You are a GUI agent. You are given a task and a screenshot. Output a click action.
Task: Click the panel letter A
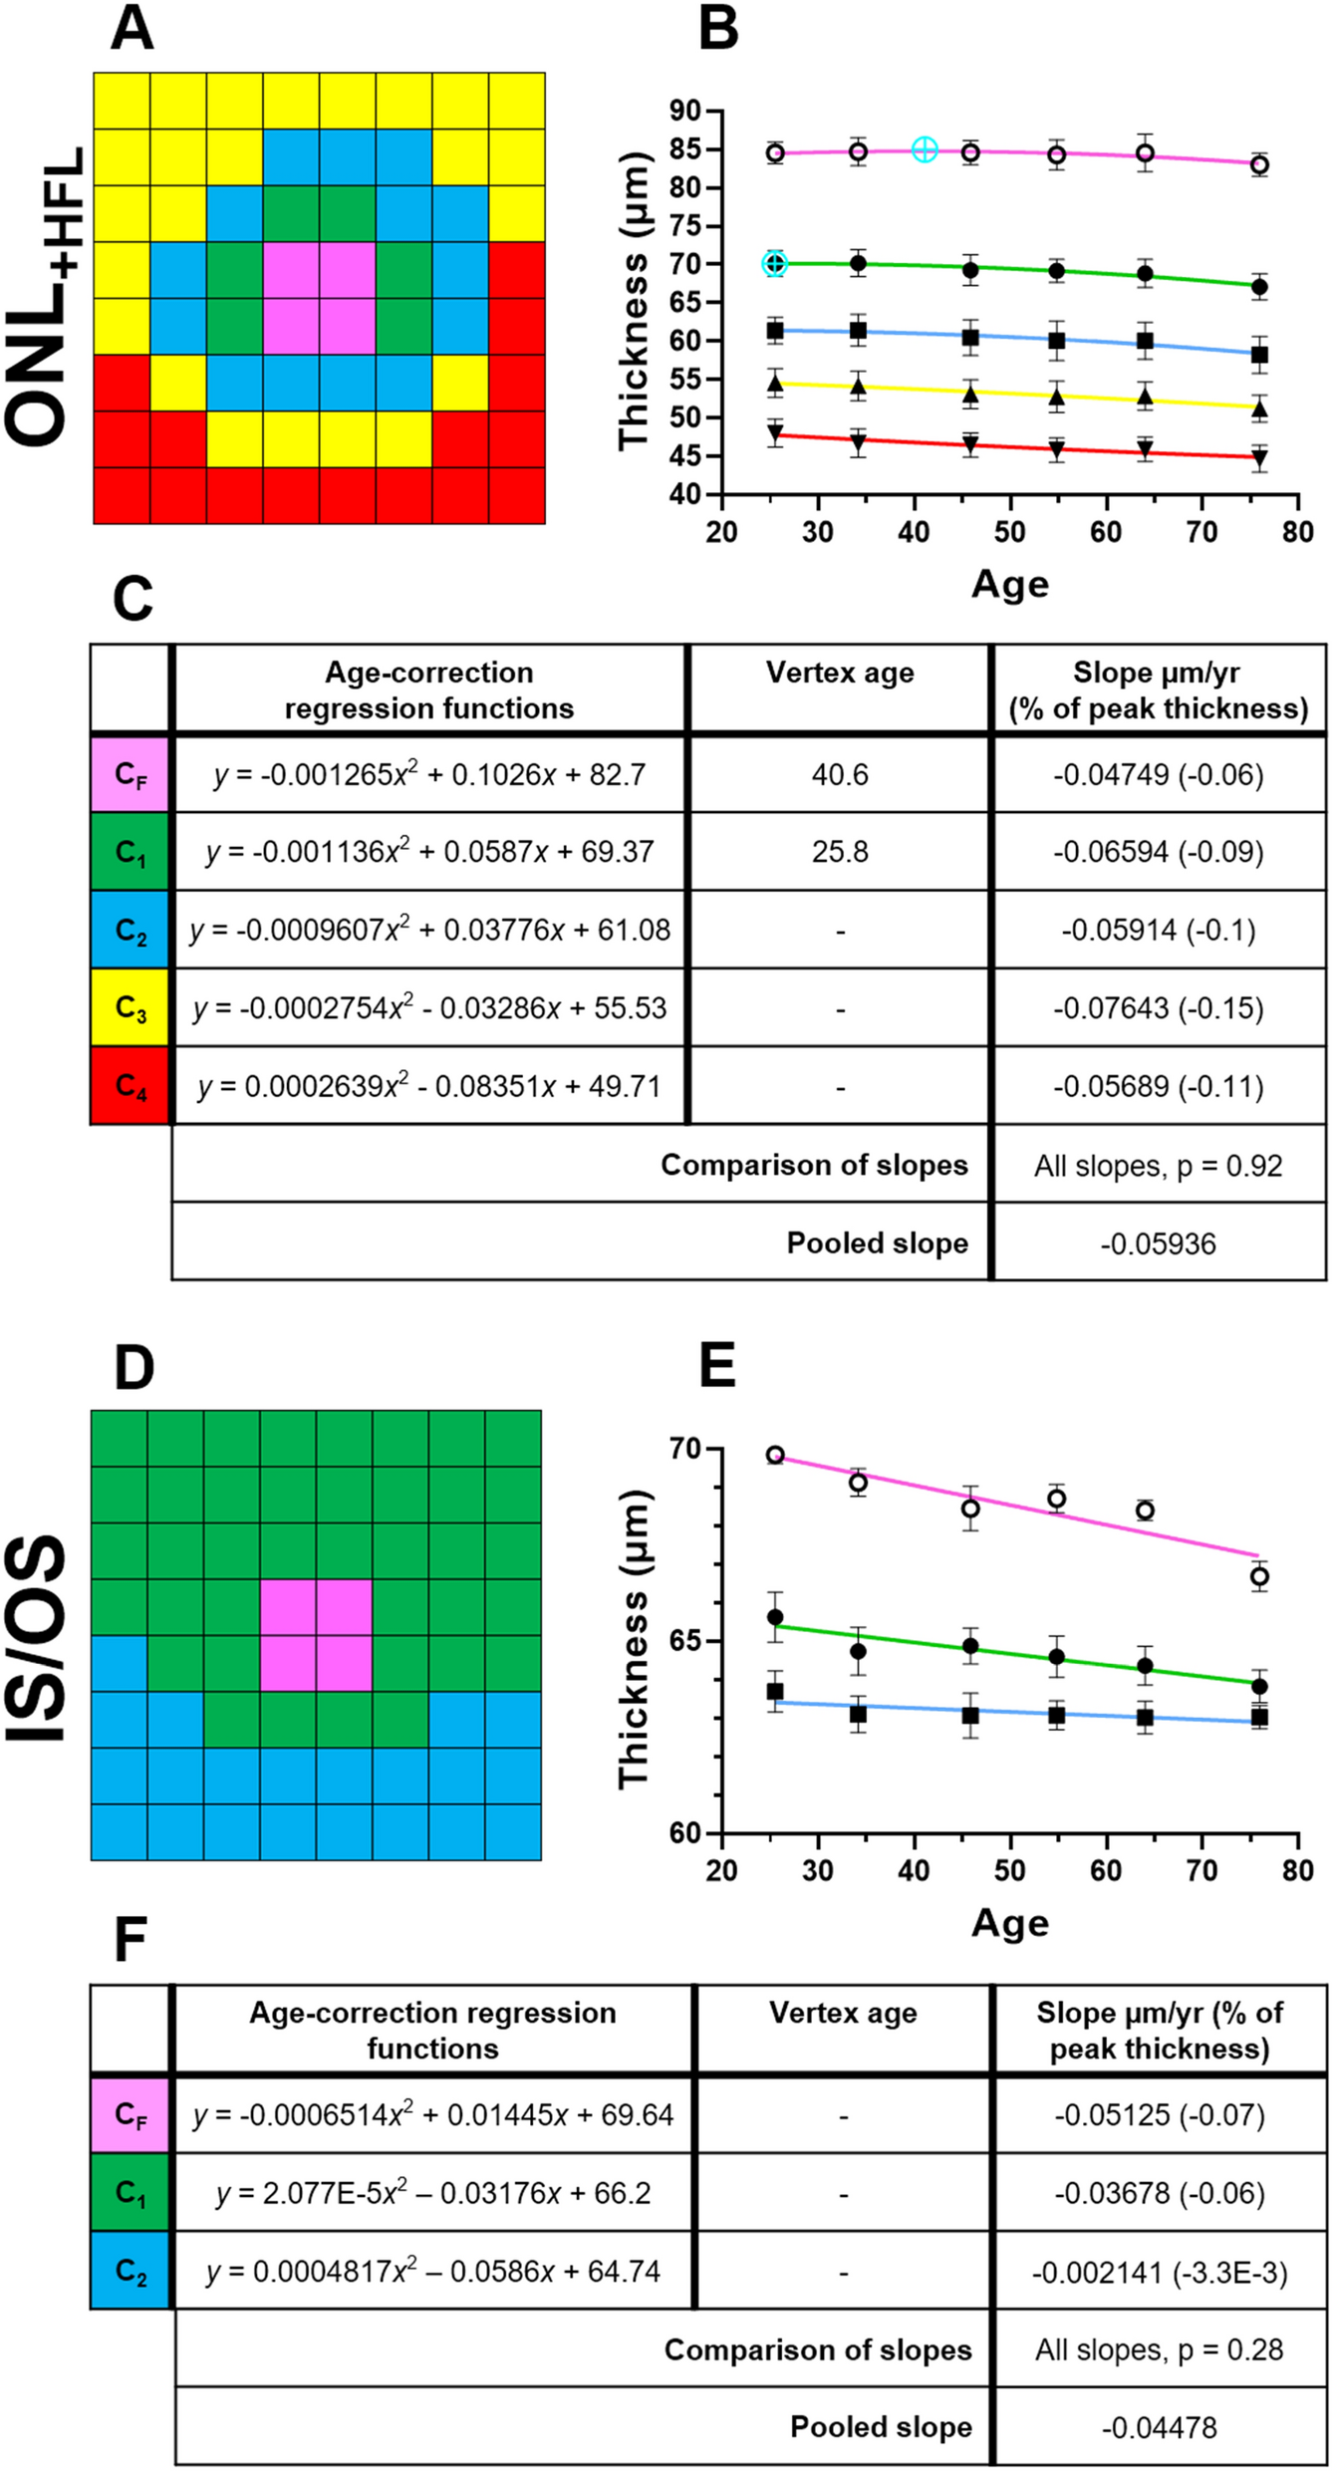click(133, 29)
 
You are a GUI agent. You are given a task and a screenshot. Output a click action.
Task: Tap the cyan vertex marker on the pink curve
click(925, 149)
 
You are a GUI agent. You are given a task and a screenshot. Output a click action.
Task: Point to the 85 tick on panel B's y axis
click(686, 149)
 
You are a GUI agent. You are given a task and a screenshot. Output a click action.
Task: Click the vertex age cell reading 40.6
click(839, 774)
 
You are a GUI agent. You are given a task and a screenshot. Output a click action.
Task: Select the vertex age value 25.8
click(839, 852)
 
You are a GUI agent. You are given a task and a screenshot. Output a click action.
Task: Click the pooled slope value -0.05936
click(1158, 1243)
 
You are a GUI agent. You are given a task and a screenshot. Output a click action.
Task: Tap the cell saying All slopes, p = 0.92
click(1158, 1166)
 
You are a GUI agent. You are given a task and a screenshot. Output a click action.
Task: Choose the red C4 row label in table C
click(131, 1085)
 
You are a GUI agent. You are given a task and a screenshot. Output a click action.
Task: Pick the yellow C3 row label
click(131, 1007)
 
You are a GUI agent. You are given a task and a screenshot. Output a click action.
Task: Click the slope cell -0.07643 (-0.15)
click(1158, 1007)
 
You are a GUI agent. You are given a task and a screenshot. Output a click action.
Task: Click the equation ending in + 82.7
click(429, 774)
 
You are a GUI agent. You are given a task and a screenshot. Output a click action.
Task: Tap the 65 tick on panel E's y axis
click(686, 1641)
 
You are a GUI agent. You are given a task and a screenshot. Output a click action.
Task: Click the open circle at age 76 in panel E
click(1259, 1576)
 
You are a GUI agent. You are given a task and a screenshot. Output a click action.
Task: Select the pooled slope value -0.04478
click(1159, 2428)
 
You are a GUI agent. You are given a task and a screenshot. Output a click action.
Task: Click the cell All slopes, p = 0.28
click(1159, 2350)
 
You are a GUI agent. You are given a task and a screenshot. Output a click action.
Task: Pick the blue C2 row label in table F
click(131, 2271)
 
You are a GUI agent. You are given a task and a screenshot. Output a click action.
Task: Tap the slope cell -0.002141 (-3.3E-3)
click(1159, 2273)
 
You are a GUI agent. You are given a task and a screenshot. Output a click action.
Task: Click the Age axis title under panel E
click(1009, 1922)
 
